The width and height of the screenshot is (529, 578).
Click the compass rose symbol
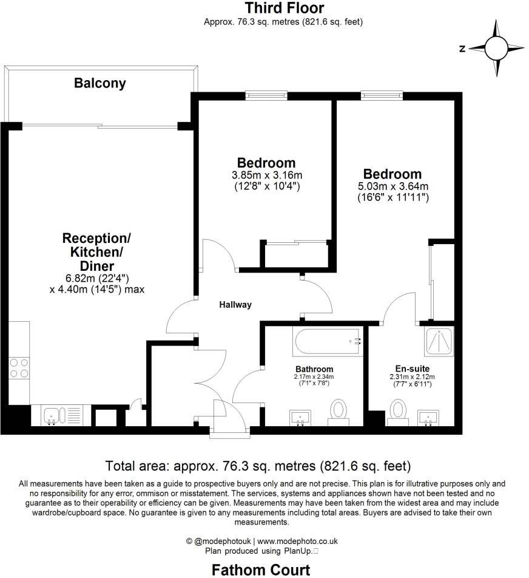(496, 47)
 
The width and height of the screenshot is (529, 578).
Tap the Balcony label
(100, 83)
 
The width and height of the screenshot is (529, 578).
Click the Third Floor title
(284, 8)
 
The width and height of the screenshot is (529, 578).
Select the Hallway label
(235, 305)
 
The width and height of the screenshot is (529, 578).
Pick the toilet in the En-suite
(398, 410)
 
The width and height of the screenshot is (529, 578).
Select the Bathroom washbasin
(300, 417)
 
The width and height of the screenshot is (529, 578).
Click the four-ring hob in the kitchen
(19, 369)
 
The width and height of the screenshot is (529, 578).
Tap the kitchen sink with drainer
(61, 416)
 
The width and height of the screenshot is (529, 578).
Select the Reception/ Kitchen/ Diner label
(96, 251)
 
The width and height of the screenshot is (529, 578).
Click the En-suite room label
(413, 369)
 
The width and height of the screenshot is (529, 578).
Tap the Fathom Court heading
(260, 569)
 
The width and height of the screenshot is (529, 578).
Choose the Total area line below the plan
(258, 466)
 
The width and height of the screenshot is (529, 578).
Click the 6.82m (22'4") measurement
(96, 278)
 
